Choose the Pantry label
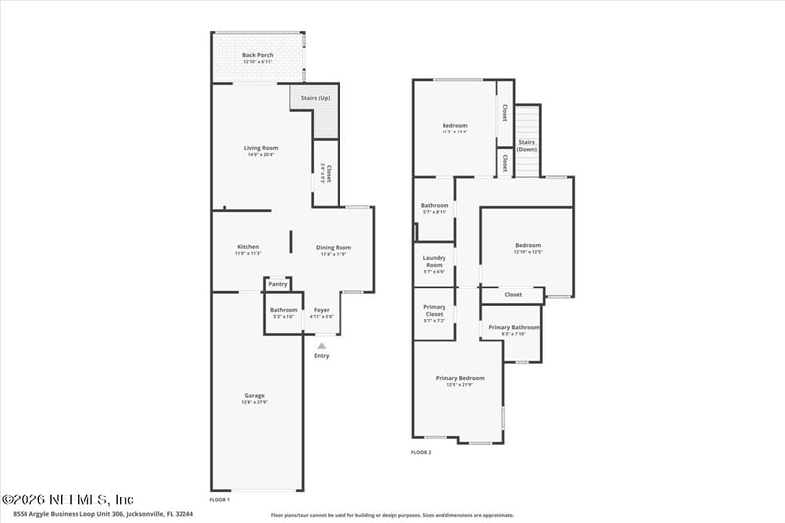[x=278, y=284]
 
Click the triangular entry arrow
[x=321, y=345]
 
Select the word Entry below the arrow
[x=322, y=356]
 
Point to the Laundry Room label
[x=434, y=261]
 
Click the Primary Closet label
[x=434, y=310]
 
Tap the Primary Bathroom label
[x=512, y=329]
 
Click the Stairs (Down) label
[x=528, y=145]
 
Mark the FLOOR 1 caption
[x=219, y=500]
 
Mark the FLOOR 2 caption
[x=420, y=452]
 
